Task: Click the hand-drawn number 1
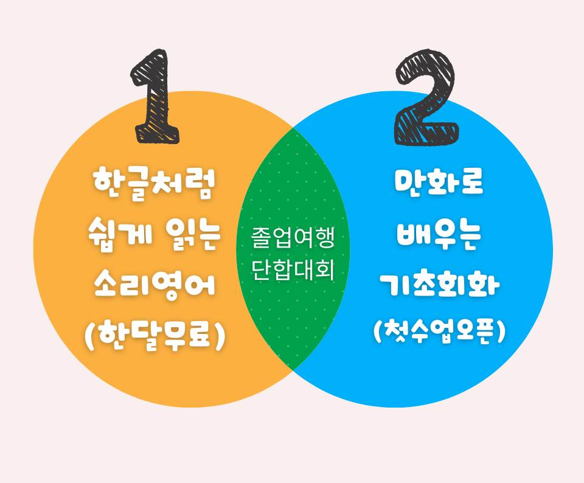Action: coord(155,97)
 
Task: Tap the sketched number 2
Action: coord(426,97)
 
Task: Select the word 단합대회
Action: coord(293,269)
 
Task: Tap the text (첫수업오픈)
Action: coord(439,332)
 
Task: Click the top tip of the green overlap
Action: coord(293,128)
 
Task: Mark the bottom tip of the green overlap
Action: coord(293,370)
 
